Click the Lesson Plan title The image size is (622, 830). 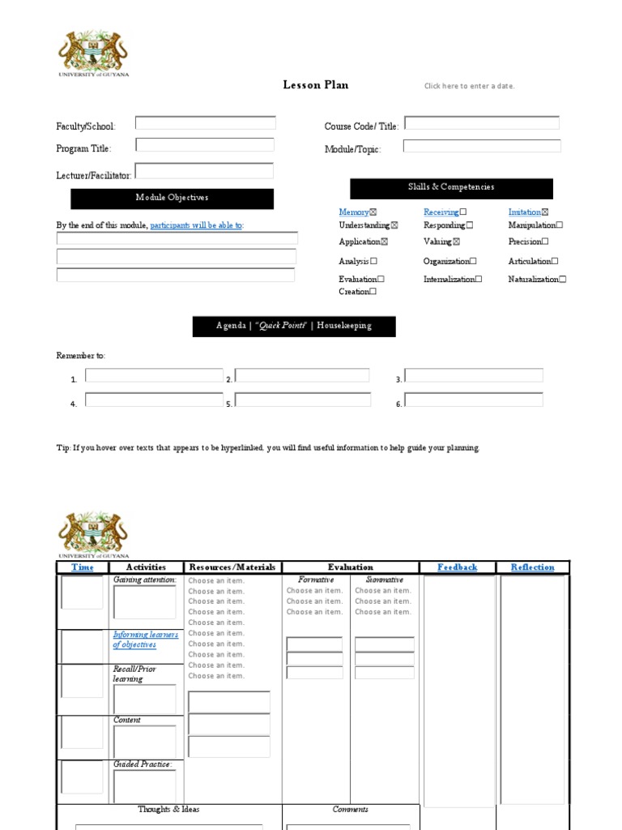point(315,85)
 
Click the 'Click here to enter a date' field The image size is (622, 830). point(469,86)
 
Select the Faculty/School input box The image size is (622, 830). point(205,123)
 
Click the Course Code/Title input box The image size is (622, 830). point(482,123)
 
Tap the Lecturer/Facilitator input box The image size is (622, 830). point(204,171)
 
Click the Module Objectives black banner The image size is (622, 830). point(172,198)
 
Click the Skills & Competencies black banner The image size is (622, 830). point(451,188)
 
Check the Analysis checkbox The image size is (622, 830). point(373,262)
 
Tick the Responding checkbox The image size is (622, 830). point(470,225)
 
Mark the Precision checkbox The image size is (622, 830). point(545,242)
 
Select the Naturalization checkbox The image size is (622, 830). point(563,280)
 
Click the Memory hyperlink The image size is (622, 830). point(354,212)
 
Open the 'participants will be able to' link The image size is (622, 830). point(196,225)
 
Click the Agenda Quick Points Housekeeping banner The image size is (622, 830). point(294,326)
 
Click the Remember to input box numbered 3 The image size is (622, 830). point(474,375)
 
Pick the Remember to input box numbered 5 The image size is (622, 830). point(303,400)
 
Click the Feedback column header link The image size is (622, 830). point(457,567)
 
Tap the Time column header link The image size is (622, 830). point(83,567)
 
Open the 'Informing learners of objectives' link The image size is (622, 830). point(146,640)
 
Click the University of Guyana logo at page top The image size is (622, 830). point(93,53)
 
